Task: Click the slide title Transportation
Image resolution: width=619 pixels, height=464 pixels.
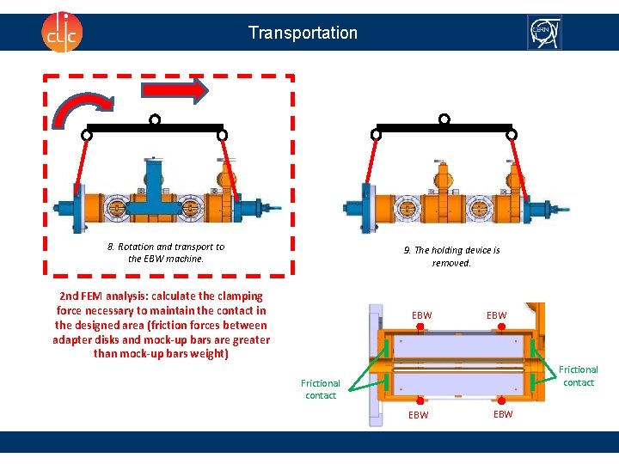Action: [303, 33]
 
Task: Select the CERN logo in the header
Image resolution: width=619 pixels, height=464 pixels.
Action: [543, 33]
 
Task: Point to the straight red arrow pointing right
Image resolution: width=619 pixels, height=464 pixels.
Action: [175, 90]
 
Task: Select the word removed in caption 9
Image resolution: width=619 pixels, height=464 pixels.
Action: [451, 263]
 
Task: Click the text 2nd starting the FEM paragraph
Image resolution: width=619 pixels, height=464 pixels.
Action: [71, 296]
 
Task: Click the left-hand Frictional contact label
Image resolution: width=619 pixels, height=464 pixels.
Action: [321, 389]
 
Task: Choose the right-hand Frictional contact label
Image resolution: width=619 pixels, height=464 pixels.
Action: [579, 375]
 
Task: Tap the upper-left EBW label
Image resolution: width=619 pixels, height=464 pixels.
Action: [422, 315]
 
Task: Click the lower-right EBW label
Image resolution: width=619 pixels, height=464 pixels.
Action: [503, 414]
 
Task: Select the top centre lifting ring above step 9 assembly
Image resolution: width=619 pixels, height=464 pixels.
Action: [444, 119]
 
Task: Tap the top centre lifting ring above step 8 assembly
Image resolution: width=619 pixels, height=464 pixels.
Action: [155, 119]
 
